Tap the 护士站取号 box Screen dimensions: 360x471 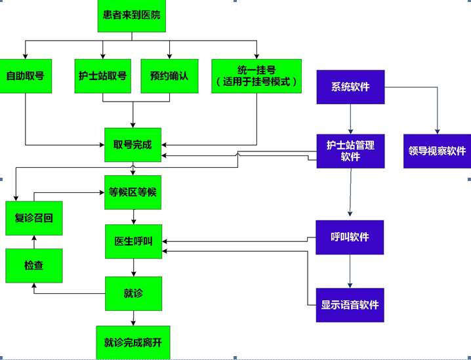click(x=102, y=75)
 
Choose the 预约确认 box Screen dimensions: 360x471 click(x=169, y=75)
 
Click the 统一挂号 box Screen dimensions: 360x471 click(x=256, y=75)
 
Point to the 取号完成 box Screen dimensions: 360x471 click(x=133, y=144)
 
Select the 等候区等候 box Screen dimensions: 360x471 click(x=133, y=192)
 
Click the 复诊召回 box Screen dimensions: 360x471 click(x=34, y=218)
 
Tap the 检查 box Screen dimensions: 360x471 click(x=34, y=266)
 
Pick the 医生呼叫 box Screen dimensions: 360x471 click(x=133, y=241)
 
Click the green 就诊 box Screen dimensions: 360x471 click(x=133, y=293)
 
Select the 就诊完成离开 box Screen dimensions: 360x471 click(x=133, y=342)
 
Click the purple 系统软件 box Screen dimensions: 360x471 click(x=350, y=87)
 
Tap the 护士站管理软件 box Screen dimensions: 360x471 click(x=350, y=151)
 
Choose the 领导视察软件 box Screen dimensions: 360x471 click(x=437, y=151)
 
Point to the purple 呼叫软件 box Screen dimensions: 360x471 click(x=350, y=237)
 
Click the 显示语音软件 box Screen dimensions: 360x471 click(x=350, y=305)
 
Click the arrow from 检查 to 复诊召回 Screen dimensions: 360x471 click(x=34, y=242)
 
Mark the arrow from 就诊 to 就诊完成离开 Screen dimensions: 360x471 click(x=134, y=318)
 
